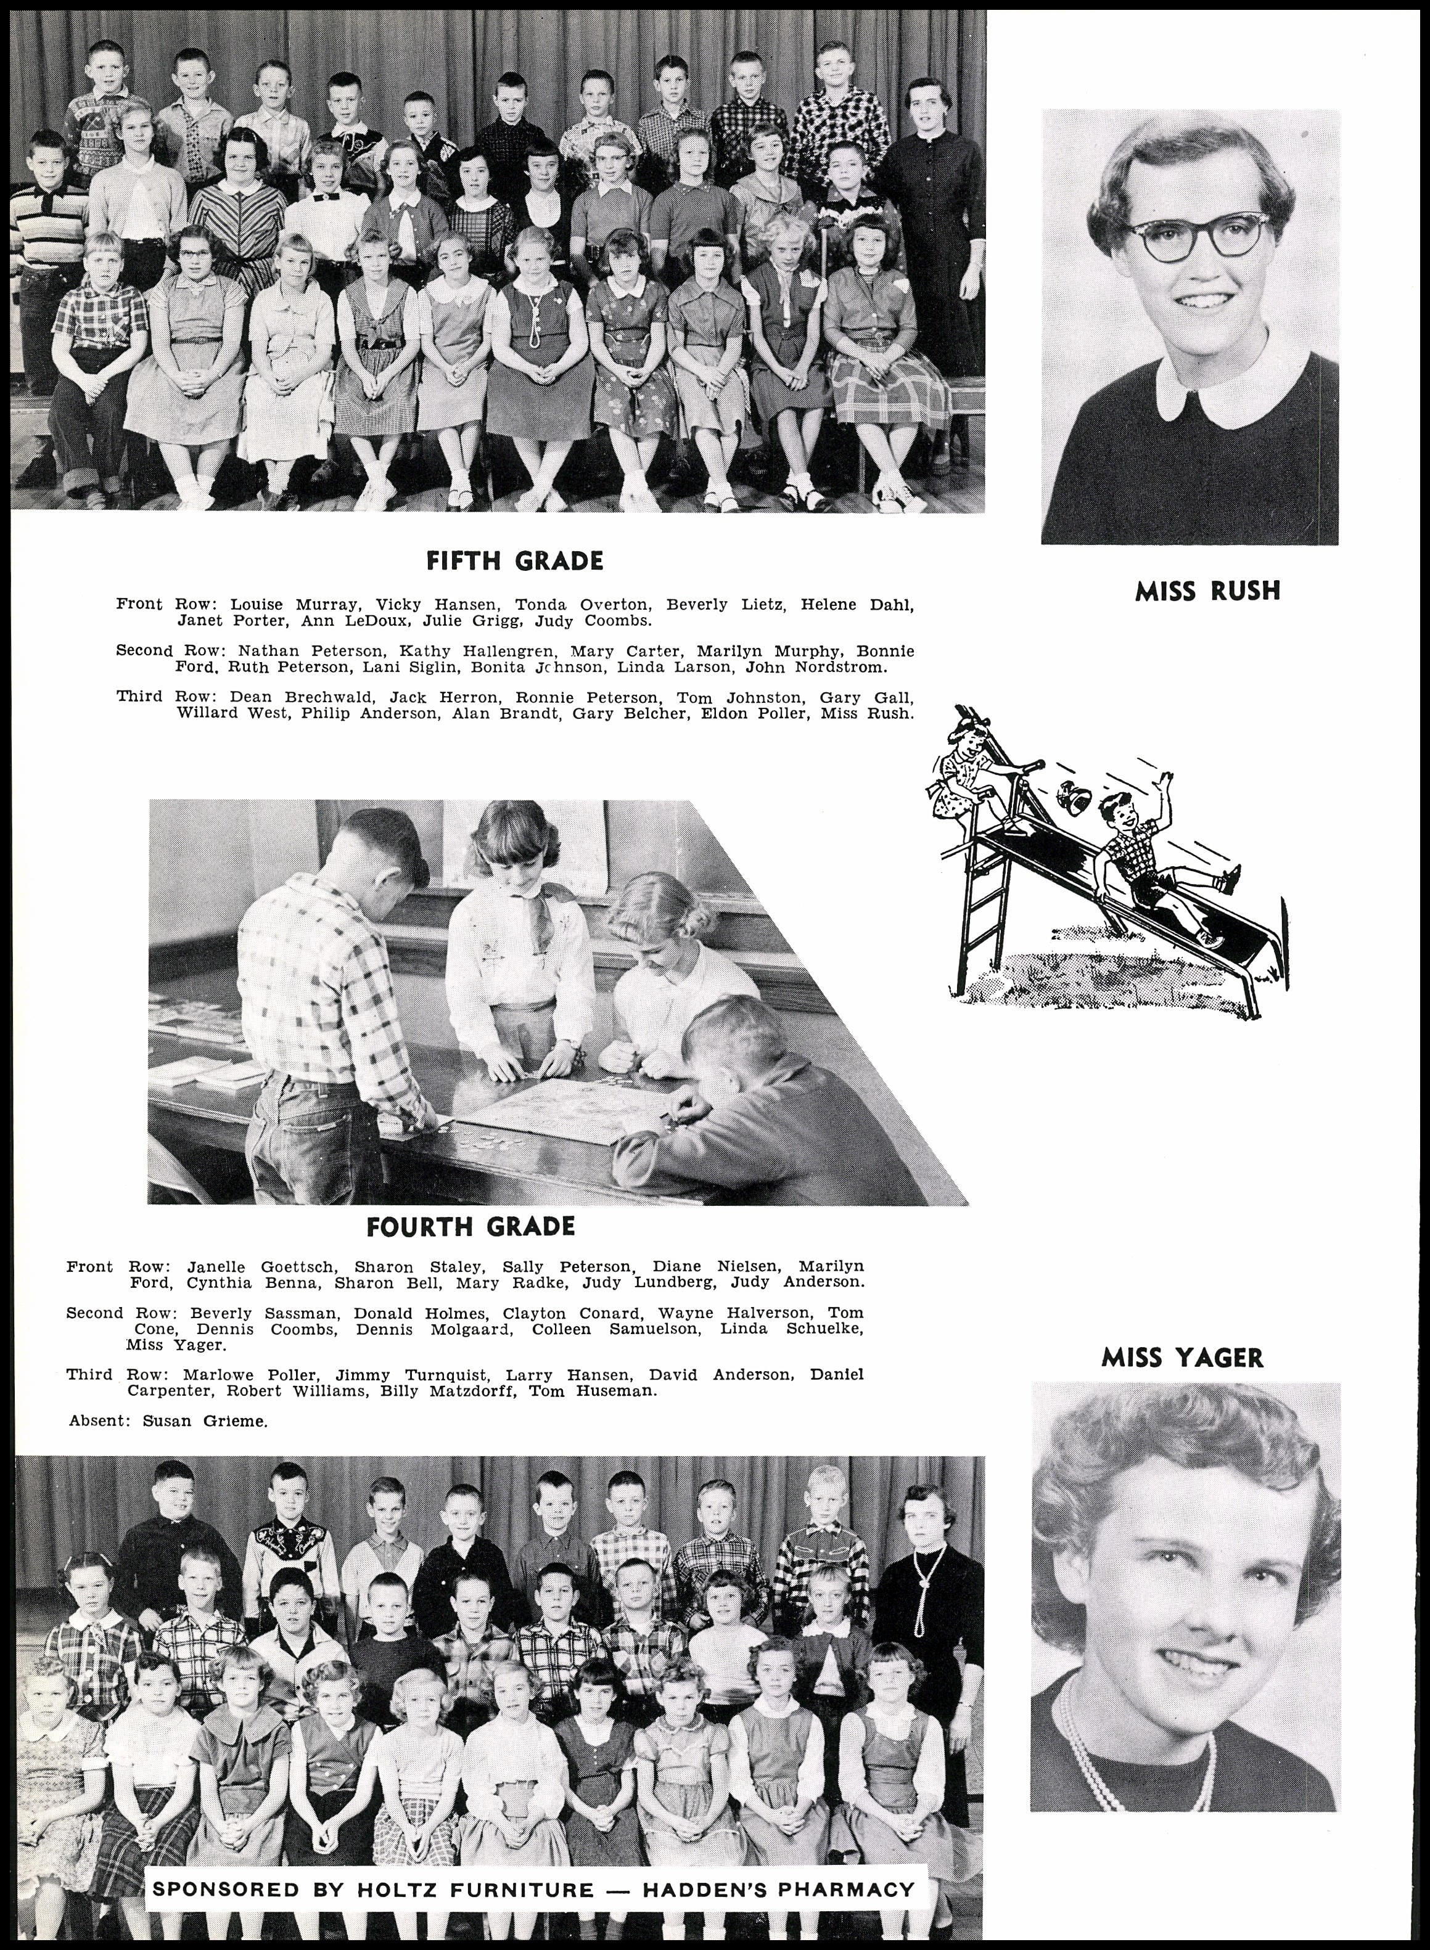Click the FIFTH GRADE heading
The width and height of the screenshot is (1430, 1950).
(x=515, y=561)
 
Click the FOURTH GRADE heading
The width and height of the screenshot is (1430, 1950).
(x=470, y=1226)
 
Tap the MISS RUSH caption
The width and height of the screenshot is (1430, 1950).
(x=1207, y=591)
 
